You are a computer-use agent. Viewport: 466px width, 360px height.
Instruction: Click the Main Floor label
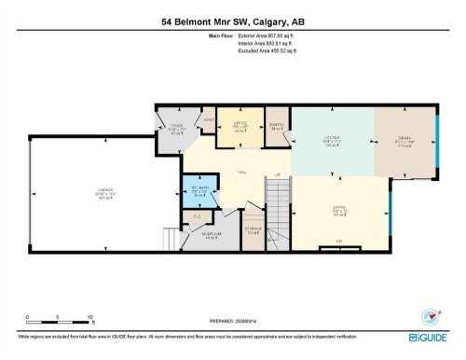point(220,35)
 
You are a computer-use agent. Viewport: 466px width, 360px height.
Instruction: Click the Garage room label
point(105,192)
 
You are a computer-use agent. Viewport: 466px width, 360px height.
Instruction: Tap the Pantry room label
point(276,124)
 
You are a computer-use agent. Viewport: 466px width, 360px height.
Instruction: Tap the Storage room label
point(253,230)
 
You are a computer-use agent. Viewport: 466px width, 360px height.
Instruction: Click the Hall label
point(240,173)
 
